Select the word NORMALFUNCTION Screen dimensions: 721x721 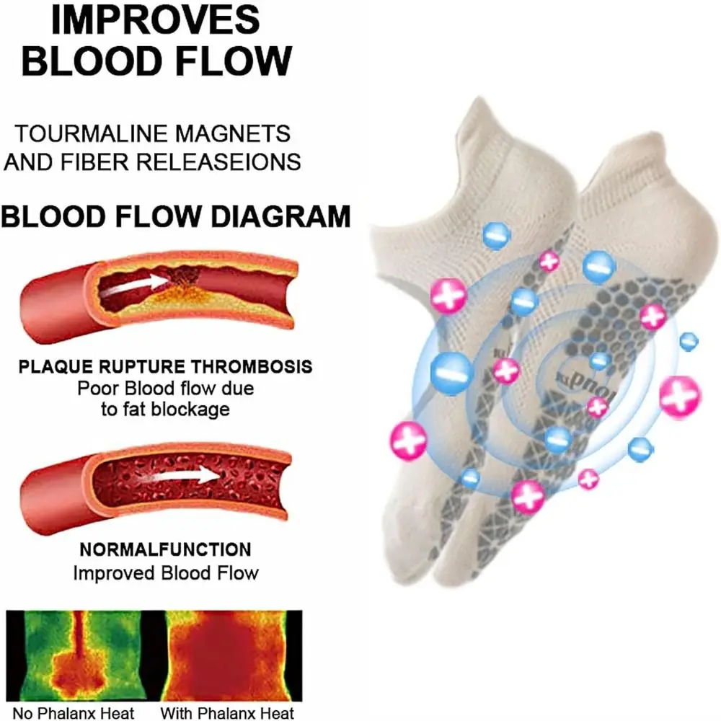point(165,549)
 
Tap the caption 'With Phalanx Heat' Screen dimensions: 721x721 point(227,713)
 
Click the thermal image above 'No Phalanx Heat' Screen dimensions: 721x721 point(76,655)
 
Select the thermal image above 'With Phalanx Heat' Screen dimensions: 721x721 point(227,655)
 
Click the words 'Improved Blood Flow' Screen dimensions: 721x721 point(165,573)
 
